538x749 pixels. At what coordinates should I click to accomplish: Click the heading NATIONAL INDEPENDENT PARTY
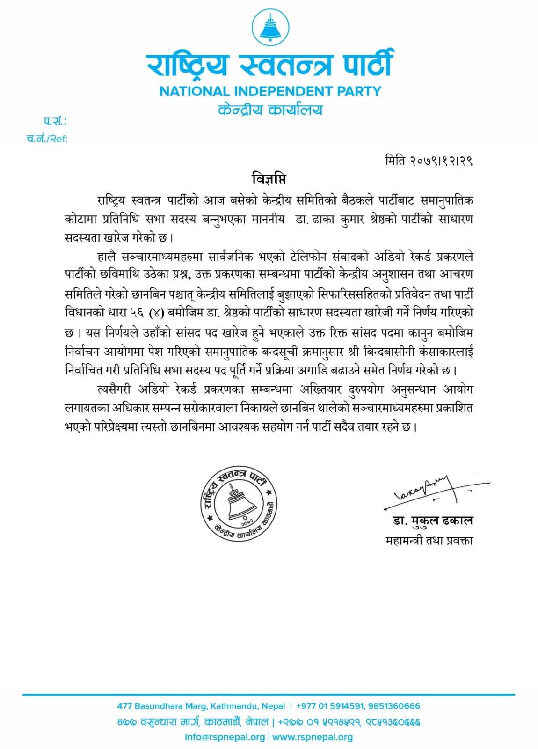click(x=270, y=91)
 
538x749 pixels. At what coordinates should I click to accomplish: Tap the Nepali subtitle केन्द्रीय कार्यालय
click(x=270, y=110)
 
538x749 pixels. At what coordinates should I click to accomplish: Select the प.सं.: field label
click(x=55, y=121)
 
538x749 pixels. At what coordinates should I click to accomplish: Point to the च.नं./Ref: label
click(x=47, y=139)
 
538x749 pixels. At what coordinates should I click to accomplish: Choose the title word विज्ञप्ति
click(x=269, y=179)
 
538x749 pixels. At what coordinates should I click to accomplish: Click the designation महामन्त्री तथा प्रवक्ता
click(x=429, y=541)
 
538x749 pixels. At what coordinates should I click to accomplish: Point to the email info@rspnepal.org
click(x=225, y=737)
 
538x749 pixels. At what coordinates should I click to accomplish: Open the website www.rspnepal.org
click(x=313, y=737)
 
